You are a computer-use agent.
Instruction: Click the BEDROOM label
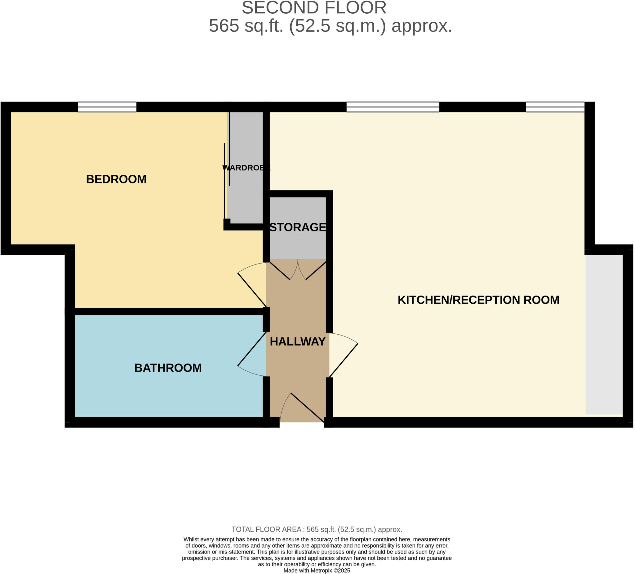point(116,179)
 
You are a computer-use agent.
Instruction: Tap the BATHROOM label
point(168,368)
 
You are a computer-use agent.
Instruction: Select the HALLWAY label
point(298,341)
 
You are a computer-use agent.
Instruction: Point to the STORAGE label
point(298,227)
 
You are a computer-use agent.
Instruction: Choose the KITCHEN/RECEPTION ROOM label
point(478,300)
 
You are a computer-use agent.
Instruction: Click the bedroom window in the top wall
point(107,107)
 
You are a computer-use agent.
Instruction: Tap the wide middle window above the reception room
point(393,107)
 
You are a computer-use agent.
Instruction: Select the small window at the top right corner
point(555,107)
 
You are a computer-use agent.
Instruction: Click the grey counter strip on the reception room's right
point(604,334)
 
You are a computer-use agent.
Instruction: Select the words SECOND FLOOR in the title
point(314,8)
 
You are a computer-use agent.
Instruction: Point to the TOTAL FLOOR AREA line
point(317,530)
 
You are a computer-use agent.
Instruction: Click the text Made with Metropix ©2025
point(317,571)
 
